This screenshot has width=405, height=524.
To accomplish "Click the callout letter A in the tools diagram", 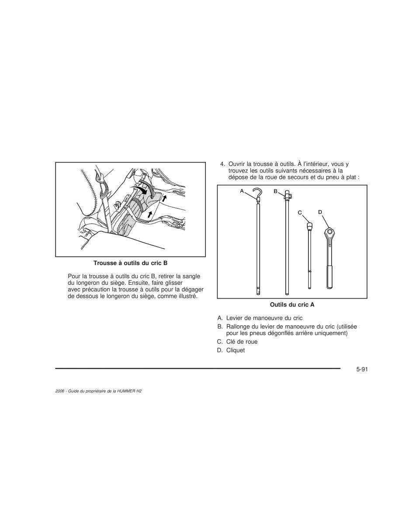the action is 242,191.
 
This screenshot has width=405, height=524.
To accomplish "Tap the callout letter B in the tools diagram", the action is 276,191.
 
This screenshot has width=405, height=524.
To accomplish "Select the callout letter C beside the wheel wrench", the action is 300,213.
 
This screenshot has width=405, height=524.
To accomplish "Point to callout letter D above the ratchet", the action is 320,212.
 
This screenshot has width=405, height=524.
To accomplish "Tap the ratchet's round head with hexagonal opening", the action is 329,233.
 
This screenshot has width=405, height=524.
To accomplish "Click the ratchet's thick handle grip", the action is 329,277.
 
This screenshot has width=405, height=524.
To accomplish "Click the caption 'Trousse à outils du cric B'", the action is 130,263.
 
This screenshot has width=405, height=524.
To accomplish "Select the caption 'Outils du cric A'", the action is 292,305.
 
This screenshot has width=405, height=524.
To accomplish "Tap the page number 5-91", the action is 362,376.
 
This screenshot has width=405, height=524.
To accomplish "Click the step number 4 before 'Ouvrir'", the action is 222,164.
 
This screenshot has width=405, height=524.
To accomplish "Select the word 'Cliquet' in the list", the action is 235,350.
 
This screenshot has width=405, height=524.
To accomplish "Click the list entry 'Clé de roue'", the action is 242,342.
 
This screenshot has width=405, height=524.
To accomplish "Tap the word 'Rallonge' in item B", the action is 238,327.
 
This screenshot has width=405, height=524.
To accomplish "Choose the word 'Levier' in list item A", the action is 234,318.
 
